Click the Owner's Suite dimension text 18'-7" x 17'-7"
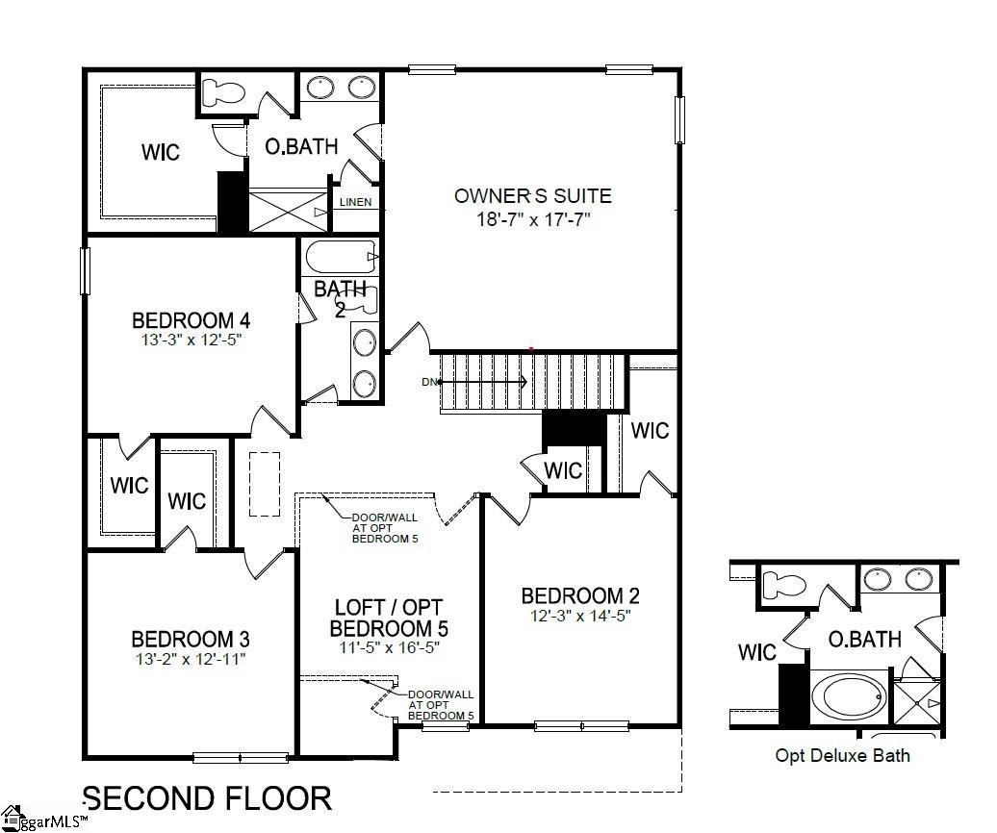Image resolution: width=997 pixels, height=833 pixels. tap(533, 219)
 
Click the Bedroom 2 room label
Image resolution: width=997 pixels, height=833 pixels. tap(580, 596)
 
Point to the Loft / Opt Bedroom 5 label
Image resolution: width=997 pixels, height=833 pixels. tap(389, 618)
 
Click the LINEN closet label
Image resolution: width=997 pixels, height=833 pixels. tap(355, 202)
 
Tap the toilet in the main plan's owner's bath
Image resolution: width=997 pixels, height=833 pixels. tap(223, 93)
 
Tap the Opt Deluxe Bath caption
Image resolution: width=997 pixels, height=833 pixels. tap(842, 756)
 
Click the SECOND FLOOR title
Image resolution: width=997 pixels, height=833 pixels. tap(207, 798)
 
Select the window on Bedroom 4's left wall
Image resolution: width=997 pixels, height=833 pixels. tap(85, 270)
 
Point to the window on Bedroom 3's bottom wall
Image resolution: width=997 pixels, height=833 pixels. tap(241, 757)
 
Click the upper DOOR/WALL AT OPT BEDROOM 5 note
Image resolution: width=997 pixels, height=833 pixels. tap(385, 528)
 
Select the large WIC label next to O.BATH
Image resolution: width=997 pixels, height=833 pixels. tap(161, 152)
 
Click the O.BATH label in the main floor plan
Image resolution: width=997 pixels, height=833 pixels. tap(301, 147)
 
